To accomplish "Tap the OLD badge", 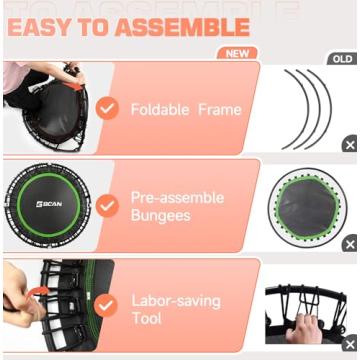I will [342, 59].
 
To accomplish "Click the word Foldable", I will [158, 108].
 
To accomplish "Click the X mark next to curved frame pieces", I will [349, 145].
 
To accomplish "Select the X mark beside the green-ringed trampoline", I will [349, 244].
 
